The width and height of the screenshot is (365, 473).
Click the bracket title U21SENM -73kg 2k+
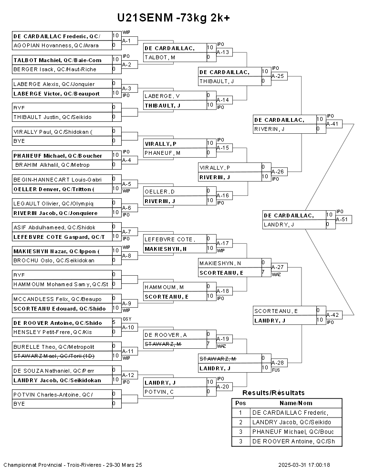174,18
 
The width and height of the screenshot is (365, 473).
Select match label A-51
342,219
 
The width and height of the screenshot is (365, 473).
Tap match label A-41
333,124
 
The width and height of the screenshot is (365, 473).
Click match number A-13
223,52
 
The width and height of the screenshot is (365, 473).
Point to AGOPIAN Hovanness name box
63,45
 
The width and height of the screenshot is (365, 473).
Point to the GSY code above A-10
127,319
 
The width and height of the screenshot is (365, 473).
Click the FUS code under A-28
276,370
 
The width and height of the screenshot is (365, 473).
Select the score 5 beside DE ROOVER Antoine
114,322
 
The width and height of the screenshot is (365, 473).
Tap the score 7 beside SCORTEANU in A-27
263,272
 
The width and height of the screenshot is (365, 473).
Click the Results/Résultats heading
273,393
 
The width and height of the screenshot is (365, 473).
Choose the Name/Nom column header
296,403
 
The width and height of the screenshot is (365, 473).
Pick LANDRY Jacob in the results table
292,422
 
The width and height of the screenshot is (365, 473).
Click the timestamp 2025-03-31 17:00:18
304,465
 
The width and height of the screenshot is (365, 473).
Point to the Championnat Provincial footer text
73,465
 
